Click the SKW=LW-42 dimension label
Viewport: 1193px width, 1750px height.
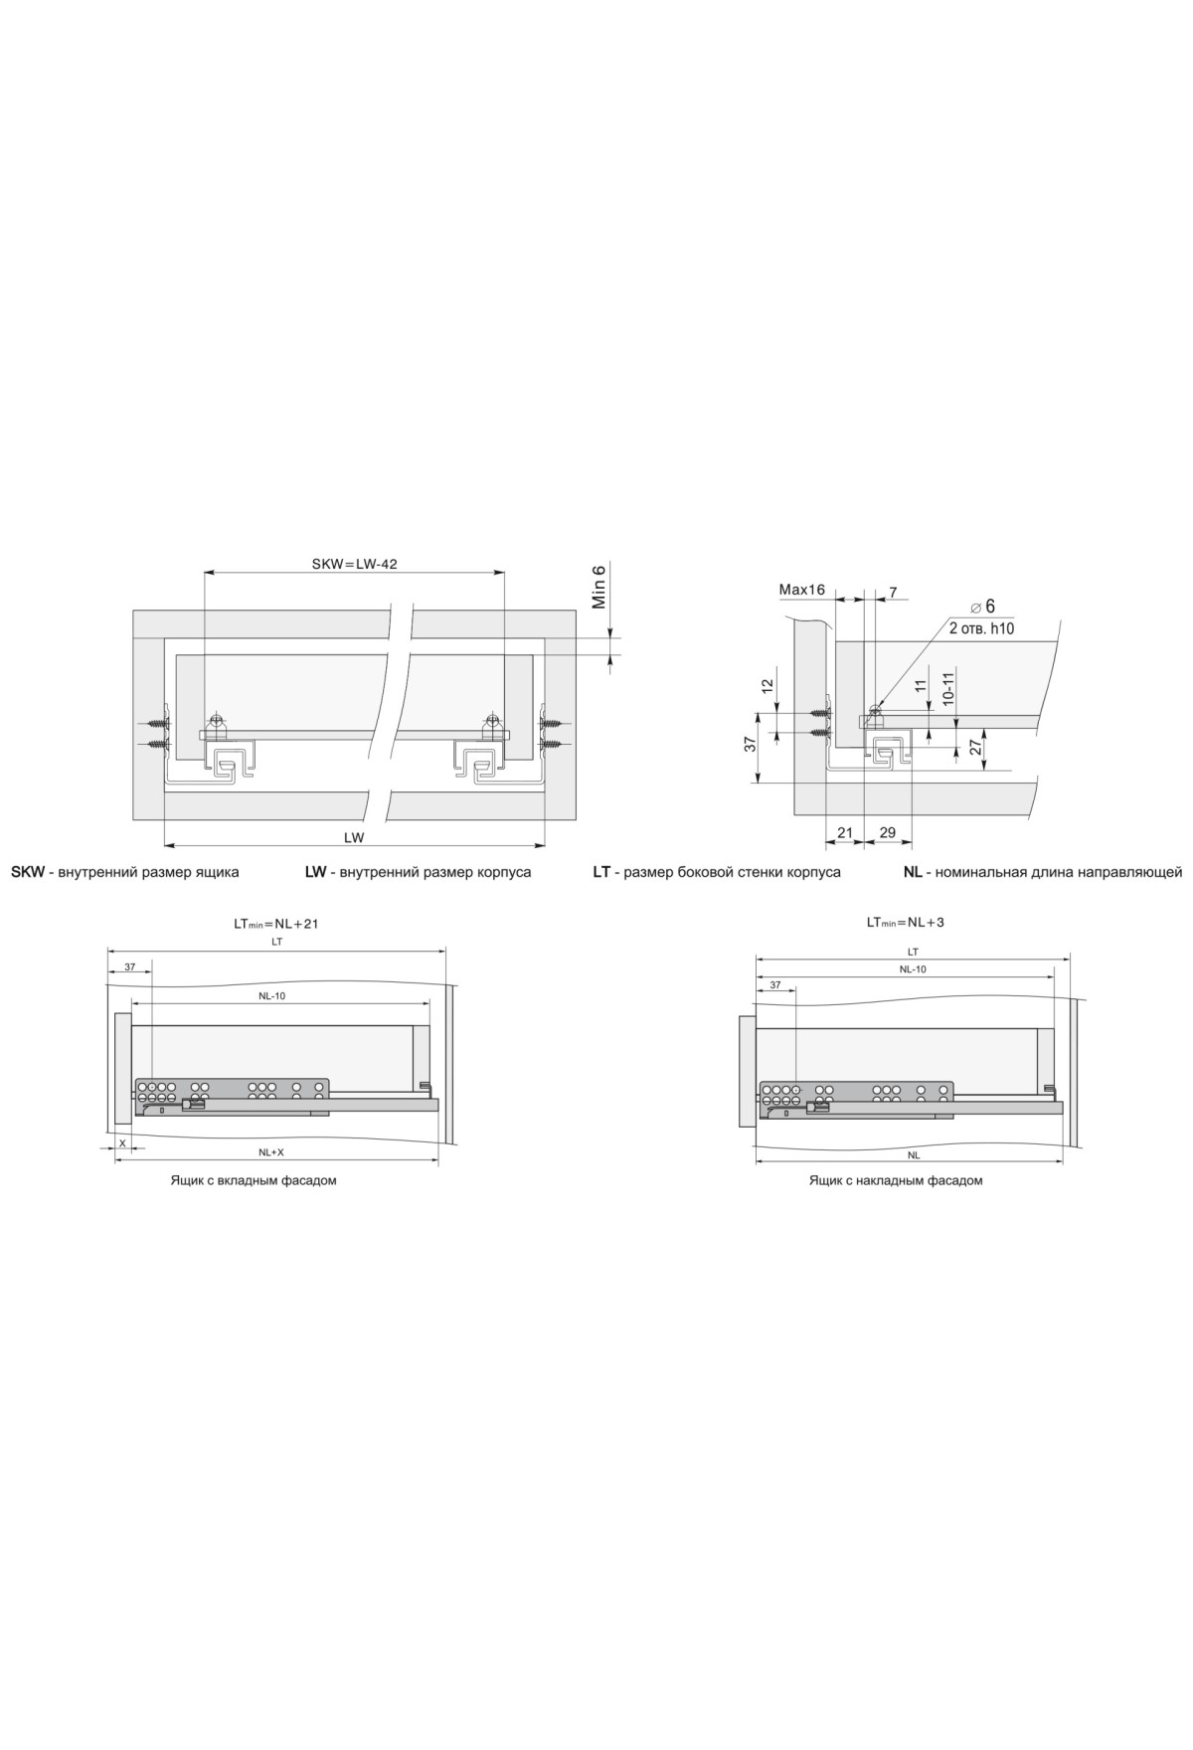355,563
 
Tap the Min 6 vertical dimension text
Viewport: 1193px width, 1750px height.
598,587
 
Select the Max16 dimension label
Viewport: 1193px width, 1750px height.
802,590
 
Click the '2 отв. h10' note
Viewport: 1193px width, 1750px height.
981,628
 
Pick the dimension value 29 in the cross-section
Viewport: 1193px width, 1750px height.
888,832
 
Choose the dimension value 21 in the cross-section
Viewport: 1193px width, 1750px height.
845,832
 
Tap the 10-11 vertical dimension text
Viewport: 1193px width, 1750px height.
949,688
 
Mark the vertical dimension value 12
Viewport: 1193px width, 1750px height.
767,685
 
